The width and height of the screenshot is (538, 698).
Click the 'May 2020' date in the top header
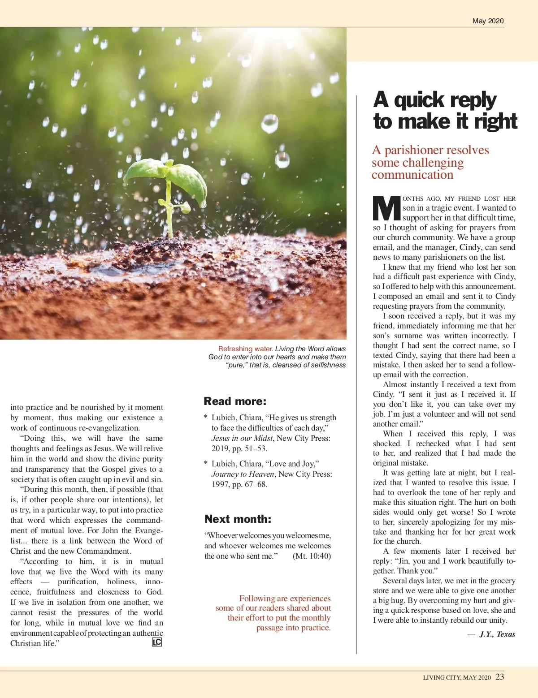pos(488,21)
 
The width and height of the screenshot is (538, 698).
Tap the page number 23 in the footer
pos(500,677)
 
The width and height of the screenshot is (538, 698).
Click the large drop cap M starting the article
pos(387,208)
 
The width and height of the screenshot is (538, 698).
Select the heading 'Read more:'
pos(235,401)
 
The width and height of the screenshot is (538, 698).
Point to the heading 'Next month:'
pos(238,519)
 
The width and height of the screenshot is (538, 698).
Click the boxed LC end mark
pos(157,642)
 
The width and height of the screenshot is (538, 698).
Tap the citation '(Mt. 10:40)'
pos(312,556)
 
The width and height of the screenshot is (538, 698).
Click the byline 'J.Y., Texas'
pos(497,634)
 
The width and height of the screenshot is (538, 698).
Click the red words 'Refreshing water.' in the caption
pos(246,349)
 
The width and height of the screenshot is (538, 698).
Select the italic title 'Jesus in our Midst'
pos(242,438)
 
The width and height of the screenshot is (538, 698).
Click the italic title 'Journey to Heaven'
pos(243,474)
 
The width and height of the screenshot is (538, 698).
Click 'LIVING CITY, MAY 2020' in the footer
pos(457,677)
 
